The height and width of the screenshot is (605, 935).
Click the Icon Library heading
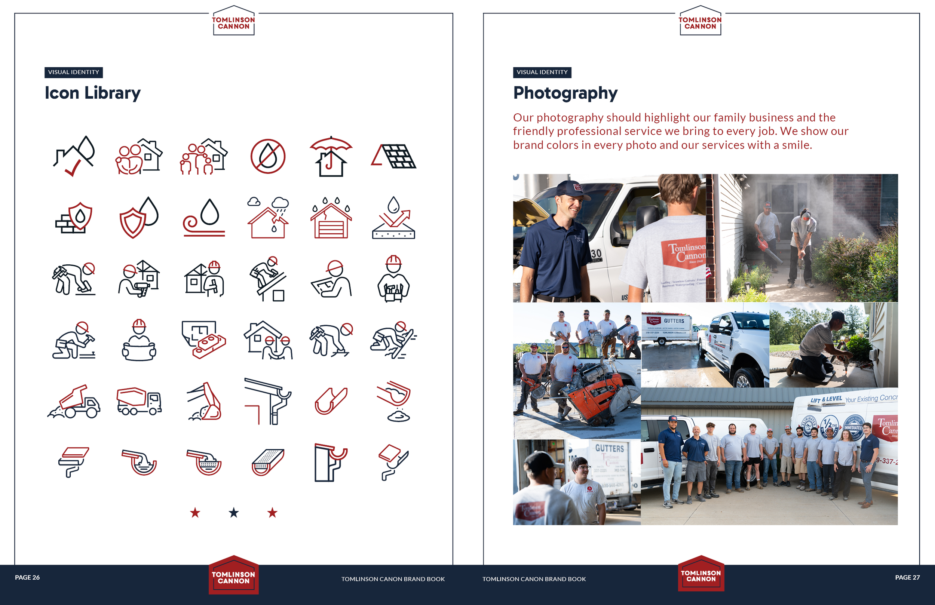pyautogui.click(x=92, y=93)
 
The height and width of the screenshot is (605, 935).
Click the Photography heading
pyautogui.click(x=565, y=93)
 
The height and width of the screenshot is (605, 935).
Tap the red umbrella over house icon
pyautogui.click(x=331, y=156)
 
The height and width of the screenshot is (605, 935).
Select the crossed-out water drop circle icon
pyautogui.click(x=267, y=156)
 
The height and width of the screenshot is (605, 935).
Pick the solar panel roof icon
pyautogui.click(x=394, y=156)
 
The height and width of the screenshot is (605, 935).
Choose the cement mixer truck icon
pyautogui.click(x=139, y=402)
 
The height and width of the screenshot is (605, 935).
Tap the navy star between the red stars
pyautogui.click(x=234, y=513)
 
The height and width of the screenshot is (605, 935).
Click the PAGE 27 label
pyautogui.click(x=907, y=577)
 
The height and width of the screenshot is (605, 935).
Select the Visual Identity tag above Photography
pyautogui.click(x=542, y=72)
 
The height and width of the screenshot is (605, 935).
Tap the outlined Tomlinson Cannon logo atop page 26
pyautogui.click(x=234, y=22)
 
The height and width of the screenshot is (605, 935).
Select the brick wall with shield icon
pyautogui.click(x=74, y=218)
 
